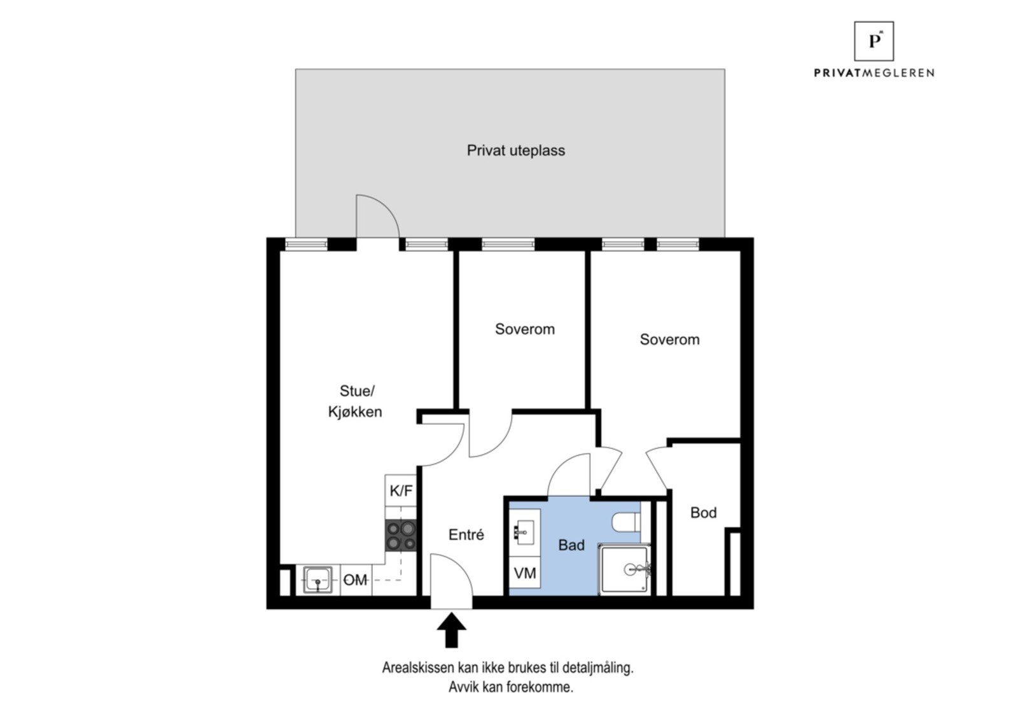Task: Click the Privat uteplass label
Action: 516,150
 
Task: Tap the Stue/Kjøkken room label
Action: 355,401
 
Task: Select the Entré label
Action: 466,534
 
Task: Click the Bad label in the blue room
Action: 571,545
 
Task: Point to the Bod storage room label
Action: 704,513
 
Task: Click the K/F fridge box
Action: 401,490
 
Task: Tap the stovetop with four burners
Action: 401,536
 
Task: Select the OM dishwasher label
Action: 356,580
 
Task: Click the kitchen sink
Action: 317,580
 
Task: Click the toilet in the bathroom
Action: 626,522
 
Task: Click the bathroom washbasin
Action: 524,532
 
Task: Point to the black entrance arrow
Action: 451,630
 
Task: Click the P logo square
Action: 874,41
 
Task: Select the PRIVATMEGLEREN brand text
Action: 874,73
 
